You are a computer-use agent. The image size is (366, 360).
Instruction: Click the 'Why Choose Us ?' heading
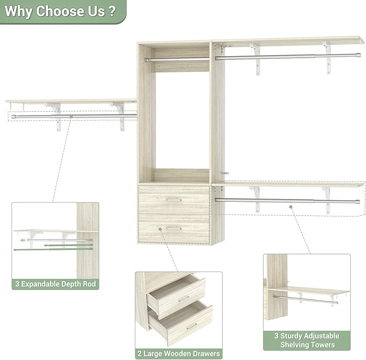59,12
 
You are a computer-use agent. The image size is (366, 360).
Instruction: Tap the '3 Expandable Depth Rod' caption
56,284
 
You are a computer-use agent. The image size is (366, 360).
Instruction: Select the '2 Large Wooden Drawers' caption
178,354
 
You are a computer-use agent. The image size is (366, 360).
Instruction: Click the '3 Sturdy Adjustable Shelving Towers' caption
307,340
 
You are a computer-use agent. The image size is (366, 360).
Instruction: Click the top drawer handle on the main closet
174,200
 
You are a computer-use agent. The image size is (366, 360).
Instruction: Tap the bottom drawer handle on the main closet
174,228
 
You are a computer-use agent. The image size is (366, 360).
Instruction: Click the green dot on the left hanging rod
71,116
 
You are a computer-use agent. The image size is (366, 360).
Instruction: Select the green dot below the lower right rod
291,207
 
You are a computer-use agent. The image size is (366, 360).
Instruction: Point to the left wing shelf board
70,101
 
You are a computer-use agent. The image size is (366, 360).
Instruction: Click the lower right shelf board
288,185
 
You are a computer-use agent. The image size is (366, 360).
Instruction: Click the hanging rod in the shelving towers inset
305,298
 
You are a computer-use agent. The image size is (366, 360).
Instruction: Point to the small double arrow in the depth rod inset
23,240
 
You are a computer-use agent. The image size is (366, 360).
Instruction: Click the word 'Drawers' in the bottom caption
202,354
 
